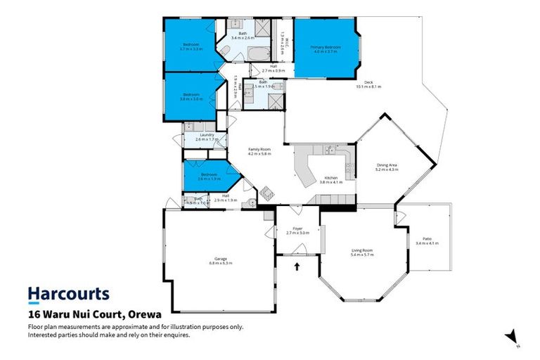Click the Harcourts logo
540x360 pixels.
(x=68, y=293)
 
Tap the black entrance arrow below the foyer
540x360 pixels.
(x=297, y=266)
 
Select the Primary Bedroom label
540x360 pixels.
(x=326, y=49)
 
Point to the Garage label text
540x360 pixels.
(x=220, y=259)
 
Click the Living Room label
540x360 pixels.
(x=362, y=252)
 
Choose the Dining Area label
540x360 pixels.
(x=387, y=167)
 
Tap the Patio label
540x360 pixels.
(x=427, y=240)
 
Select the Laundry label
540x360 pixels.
(x=207, y=136)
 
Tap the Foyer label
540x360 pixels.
(x=297, y=229)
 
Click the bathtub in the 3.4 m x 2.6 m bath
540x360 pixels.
(x=254, y=54)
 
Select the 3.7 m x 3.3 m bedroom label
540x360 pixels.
(x=191, y=46)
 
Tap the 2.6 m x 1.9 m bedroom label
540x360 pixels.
(x=209, y=176)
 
